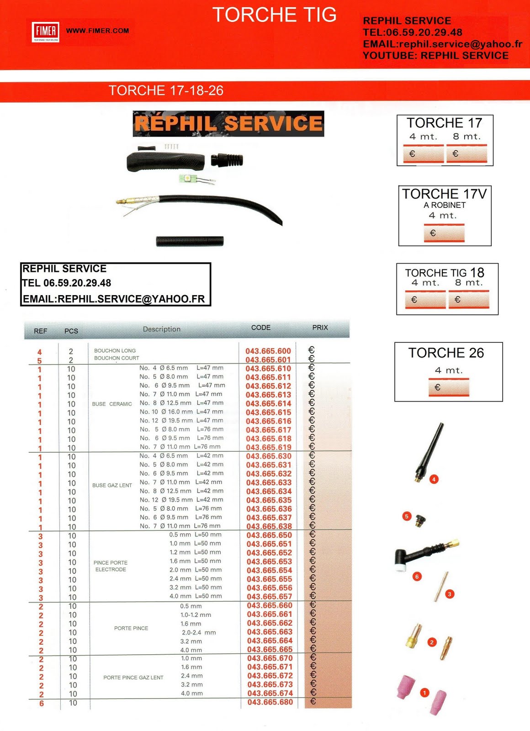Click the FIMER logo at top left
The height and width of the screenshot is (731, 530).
tap(46, 31)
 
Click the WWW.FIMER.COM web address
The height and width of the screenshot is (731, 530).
tap(97, 31)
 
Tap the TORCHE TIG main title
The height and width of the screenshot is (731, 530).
tap(274, 15)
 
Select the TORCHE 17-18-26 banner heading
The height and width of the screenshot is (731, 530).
tap(166, 90)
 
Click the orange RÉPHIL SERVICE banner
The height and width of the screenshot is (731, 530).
tap(228, 124)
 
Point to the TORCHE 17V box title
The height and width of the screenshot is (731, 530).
tap(444, 194)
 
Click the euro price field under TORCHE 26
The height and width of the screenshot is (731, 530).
tap(449, 387)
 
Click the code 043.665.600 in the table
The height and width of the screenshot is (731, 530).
tap(268, 351)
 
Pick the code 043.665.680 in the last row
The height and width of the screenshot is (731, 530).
tap(270, 702)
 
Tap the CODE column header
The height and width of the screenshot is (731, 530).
tap(261, 328)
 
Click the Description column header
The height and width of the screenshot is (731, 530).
tap(161, 329)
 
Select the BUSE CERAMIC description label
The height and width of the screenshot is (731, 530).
tap(112, 404)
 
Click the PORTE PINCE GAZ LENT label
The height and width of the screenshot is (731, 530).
tap(133, 678)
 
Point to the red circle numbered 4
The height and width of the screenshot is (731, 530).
tap(434, 479)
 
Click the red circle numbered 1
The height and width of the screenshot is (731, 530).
tap(424, 693)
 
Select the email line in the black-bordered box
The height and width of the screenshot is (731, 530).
tap(114, 299)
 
